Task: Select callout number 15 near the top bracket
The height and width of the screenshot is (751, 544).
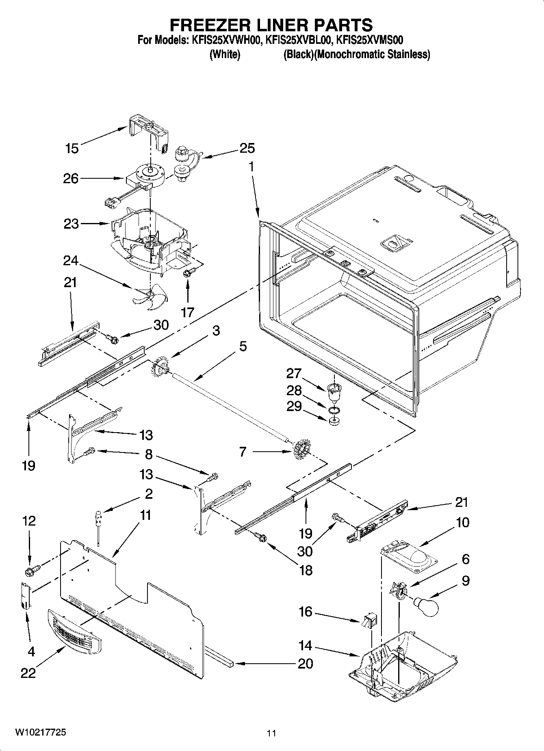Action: (72, 148)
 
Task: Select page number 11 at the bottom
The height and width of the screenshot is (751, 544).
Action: (271, 733)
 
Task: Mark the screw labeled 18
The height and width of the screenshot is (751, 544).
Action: (261, 537)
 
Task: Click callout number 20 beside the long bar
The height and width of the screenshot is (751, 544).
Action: (305, 663)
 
